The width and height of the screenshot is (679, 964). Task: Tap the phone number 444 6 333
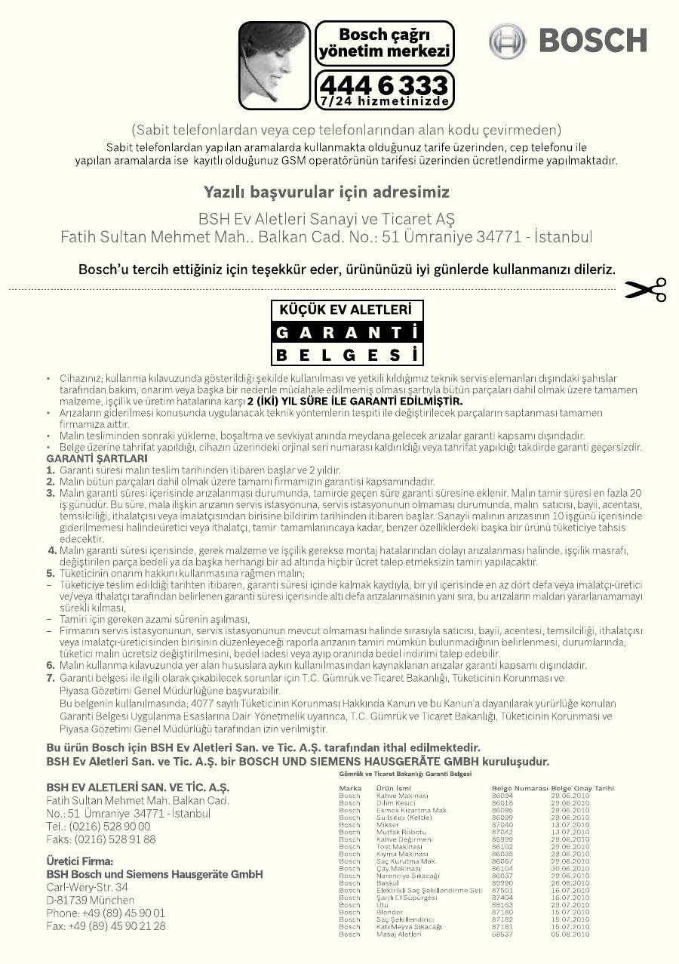tap(383, 84)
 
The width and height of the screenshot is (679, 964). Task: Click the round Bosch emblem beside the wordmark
tap(506, 41)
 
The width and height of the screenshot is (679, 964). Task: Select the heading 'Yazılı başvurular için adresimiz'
tap(327, 192)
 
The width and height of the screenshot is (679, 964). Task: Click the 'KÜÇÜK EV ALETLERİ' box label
tap(346, 310)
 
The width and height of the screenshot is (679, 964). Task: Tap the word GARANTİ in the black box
tap(346, 332)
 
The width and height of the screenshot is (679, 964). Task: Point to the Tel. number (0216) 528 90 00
tap(99, 827)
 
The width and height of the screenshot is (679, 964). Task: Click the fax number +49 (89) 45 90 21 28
tap(106, 926)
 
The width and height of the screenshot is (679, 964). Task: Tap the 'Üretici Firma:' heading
tap(79, 861)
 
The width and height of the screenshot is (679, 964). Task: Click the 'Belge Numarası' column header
tap(519, 788)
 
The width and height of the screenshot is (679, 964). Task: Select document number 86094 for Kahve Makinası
tap(502, 796)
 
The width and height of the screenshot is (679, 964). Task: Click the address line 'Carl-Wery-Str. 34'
tap(87, 887)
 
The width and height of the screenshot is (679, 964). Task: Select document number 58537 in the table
tap(502, 934)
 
